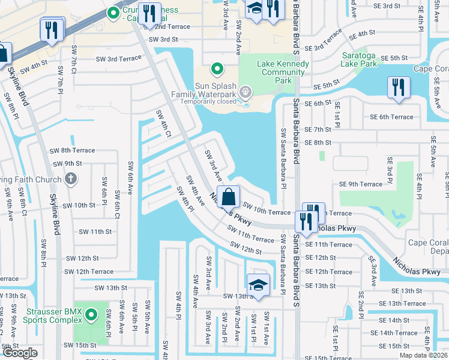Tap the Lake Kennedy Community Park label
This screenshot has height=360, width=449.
pos(274,73)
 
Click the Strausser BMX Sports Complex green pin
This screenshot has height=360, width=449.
pos(91,314)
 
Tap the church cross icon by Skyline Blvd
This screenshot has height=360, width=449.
pos(70,179)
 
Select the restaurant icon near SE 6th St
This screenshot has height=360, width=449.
pos(397,88)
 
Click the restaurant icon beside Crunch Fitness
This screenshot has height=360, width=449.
pos(148,13)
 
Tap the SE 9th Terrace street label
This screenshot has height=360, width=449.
pos(360,184)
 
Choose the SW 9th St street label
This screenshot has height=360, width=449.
pos(67,163)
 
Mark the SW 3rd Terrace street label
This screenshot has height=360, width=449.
pos(119,59)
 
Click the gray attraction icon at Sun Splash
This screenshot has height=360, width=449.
pos(245,92)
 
